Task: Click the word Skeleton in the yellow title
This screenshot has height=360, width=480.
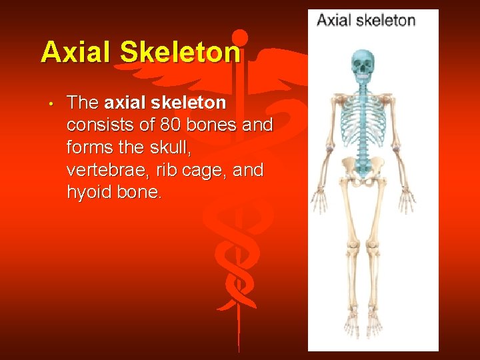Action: (x=180, y=52)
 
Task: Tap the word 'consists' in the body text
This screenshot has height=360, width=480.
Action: (x=99, y=125)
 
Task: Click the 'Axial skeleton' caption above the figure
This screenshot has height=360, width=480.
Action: (x=365, y=20)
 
